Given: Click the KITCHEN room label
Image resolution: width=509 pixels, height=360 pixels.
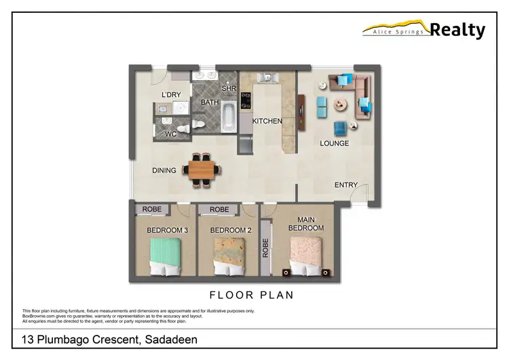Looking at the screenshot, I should pyautogui.click(x=267, y=121).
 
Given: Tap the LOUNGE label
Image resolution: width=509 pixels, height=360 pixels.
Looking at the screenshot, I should pyautogui.click(x=335, y=143).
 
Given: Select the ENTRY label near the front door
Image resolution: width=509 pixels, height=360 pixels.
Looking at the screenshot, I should pyautogui.click(x=346, y=185).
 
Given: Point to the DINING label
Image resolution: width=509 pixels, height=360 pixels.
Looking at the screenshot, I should pyautogui.click(x=164, y=170).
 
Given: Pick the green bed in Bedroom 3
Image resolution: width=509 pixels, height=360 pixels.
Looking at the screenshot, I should pyautogui.click(x=167, y=257).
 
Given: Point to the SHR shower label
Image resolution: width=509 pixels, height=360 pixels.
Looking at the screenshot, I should pyautogui.click(x=228, y=89).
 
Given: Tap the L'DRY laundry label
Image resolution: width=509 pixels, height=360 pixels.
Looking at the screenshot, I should pyautogui.click(x=171, y=94).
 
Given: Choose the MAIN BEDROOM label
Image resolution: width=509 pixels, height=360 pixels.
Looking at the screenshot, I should pyautogui.click(x=306, y=223).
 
